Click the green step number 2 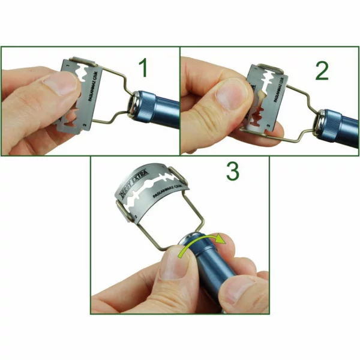coord(322,70)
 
